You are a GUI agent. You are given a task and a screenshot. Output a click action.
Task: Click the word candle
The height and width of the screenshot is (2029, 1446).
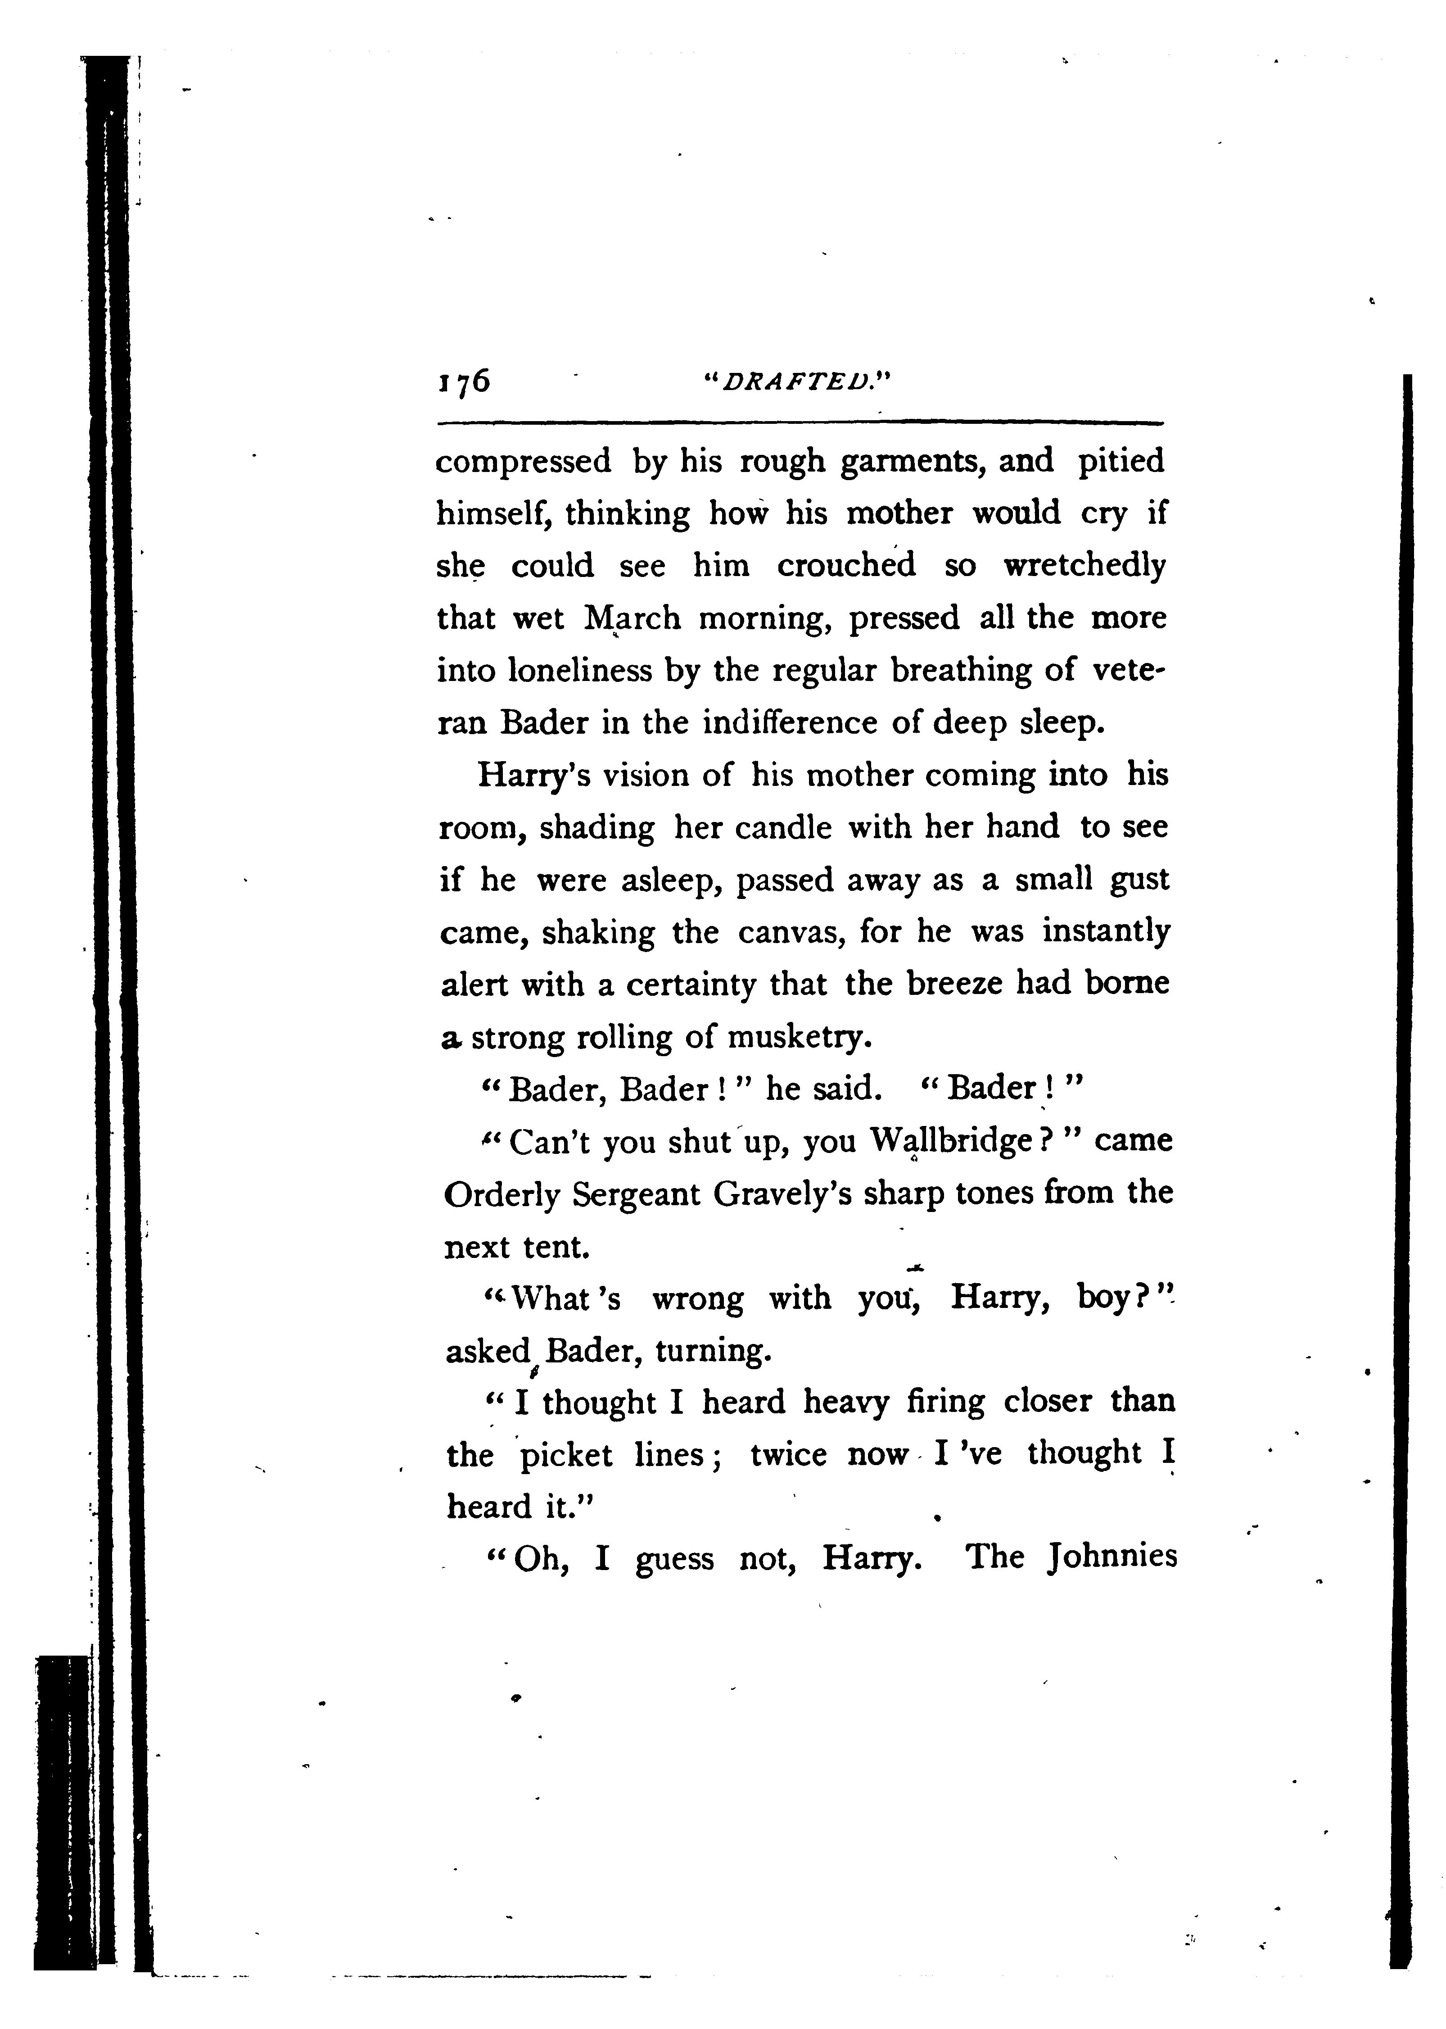point(783,827)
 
